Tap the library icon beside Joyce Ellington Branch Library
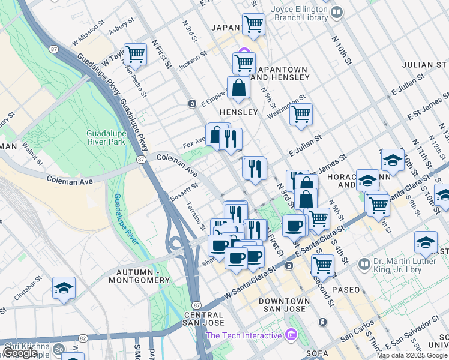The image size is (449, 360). coord(337,12)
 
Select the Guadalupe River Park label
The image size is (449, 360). coord(106,137)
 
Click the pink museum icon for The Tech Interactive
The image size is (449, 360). coord(292,334)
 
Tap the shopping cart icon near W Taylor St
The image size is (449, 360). coord(135,55)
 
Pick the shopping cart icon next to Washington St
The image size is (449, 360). coord(301,113)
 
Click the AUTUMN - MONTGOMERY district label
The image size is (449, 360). coord(139,276)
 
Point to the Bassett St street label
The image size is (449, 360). coord(184,191)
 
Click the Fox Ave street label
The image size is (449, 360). coord(194,145)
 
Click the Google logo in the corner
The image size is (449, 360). coord(20,353)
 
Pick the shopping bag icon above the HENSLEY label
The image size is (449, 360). coord(239,88)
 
